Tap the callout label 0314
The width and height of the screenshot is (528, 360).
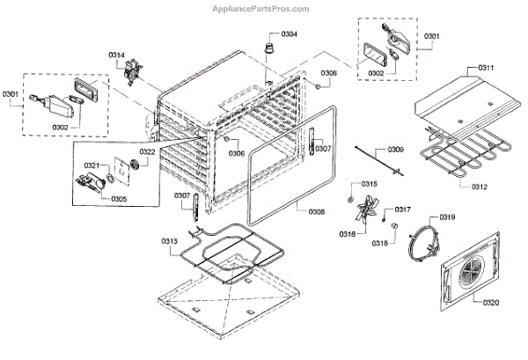[x=116, y=55]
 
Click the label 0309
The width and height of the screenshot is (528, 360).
[x=395, y=150]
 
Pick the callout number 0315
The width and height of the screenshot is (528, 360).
[x=370, y=184]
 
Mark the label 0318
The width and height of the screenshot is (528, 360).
[x=379, y=242]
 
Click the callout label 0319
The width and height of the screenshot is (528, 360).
[x=448, y=217]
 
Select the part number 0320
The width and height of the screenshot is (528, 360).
[x=490, y=304]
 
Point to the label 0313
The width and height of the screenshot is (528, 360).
[x=170, y=241]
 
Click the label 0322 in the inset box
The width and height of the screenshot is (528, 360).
[x=146, y=152]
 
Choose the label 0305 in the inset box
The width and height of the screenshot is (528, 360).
[x=118, y=199]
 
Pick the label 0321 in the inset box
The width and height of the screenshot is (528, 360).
[x=92, y=165]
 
